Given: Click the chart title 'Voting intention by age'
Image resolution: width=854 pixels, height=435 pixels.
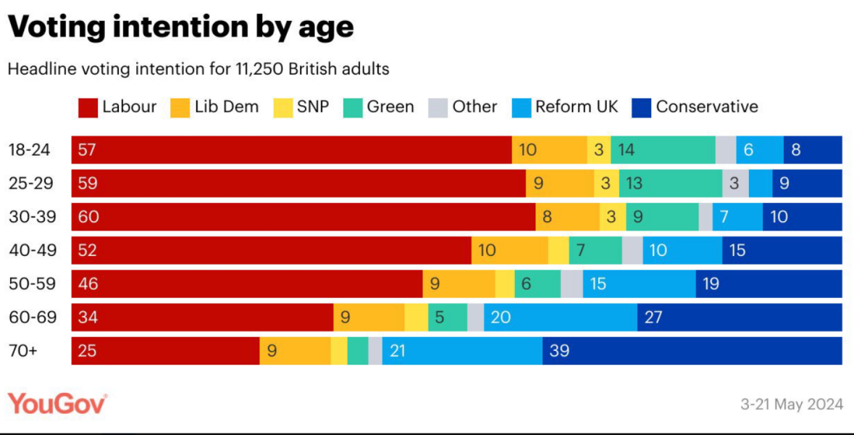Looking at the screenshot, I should pos(180,28).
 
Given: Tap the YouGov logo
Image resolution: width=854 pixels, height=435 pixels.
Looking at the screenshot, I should pos(57,404).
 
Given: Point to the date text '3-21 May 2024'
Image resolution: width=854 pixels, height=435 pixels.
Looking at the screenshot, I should pos(791,405).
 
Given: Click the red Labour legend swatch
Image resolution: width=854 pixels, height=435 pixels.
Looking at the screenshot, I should pos(87,107).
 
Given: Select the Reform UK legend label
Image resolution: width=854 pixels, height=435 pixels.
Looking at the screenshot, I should pos(577,107).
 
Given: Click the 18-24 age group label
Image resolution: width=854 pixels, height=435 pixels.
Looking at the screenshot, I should pos(30,150).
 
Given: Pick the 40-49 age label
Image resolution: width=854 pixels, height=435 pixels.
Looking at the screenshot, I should pos(30,251).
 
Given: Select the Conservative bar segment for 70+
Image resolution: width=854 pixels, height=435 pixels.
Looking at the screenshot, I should pos(692,351).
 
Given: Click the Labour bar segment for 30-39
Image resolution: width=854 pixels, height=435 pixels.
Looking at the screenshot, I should pos(303,217).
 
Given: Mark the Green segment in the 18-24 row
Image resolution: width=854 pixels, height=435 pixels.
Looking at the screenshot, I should pos(663,150).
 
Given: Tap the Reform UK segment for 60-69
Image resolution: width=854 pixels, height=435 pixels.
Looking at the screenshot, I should pos(561,318).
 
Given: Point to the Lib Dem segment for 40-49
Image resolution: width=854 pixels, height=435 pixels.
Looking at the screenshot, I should pos(509,251).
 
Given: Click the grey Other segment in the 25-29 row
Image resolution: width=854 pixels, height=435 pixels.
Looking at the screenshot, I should pos(735,183).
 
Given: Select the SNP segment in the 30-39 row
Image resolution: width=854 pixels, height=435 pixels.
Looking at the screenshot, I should pos(613,217).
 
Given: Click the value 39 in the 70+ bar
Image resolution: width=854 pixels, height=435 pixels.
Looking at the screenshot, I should pos(559,351).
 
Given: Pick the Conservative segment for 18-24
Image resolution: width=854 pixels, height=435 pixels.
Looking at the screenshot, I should pos(813,150).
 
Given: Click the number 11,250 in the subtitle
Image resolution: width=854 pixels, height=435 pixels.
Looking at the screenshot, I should pos(258,70).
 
